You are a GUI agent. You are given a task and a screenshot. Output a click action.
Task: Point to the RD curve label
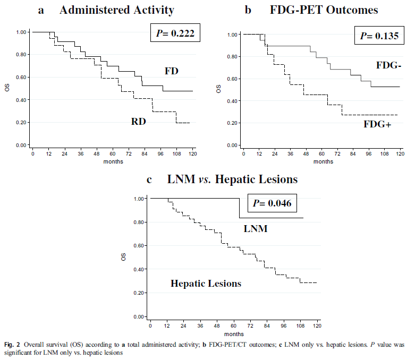139,122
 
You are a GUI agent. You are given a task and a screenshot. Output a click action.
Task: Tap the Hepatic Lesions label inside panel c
206,284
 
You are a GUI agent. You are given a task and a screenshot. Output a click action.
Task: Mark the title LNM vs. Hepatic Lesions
232,179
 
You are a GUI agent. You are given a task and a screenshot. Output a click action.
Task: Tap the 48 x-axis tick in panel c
217,325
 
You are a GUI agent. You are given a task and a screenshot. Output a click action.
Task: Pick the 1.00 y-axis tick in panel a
21,32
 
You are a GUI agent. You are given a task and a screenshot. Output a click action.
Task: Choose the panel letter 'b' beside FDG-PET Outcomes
247,10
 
